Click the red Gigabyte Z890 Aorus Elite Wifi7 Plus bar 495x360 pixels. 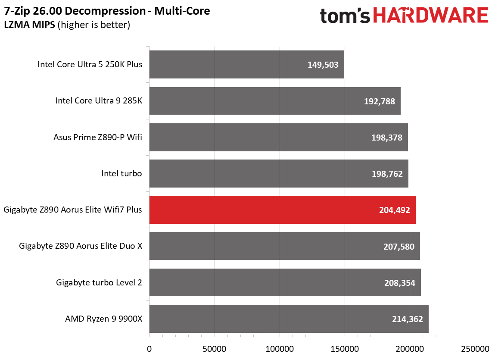(282, 210)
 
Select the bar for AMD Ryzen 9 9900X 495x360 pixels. (289, 319)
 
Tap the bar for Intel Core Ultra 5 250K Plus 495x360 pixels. (246, 65)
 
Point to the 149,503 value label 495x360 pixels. (323, 65)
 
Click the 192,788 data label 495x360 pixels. (380, 101)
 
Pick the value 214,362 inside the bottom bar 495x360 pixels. (407, 319)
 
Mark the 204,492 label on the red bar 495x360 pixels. (394, 210)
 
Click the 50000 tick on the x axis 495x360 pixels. (215, 349)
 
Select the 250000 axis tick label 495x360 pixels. (475, 349)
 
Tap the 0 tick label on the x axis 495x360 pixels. (149, 349)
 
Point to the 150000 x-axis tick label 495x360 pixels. (345, 349)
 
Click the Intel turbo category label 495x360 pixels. (121, 173)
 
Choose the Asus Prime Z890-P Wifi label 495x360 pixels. (98, 137)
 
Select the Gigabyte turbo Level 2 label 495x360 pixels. (99, 282)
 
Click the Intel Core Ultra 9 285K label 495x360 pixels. (99, 100)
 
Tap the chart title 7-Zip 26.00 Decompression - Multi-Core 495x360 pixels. (107, 11)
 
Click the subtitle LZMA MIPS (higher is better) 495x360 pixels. (67, 25)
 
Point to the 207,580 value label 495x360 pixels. (399, 247)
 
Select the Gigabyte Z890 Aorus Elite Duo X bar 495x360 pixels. (284, 246)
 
